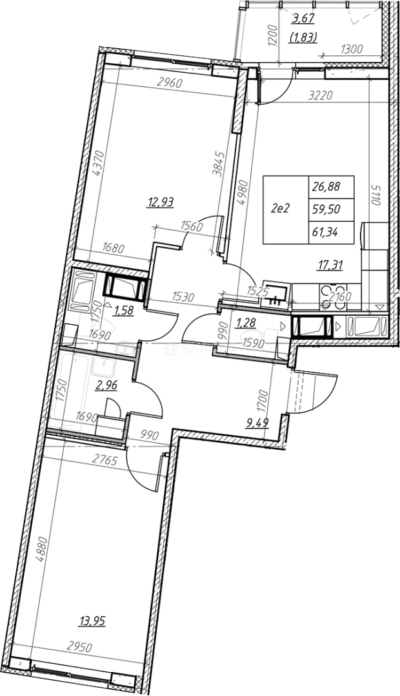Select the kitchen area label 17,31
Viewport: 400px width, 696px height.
[x=328, y=264]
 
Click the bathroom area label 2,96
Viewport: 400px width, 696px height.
[x=106, y=386]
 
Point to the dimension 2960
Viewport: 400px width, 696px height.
[x=170, y=82]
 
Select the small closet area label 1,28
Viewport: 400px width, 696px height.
[x=245, y=321]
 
